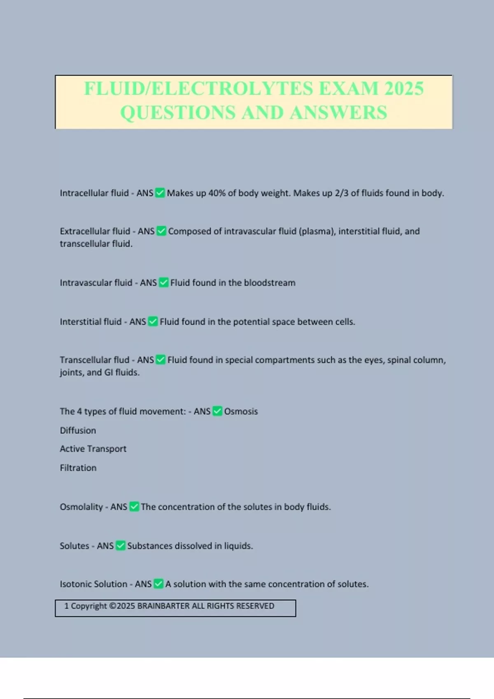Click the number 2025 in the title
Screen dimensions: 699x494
point(404,88)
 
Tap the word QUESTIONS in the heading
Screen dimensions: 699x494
point(178,112)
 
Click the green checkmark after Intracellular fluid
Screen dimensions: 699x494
point(160,193)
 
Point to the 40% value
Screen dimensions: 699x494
point(217,193)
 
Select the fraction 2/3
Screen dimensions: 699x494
point(342,193)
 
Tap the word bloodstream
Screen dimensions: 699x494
point(270,282)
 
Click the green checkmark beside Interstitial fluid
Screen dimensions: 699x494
point(153,322)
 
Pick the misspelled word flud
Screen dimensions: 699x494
point(121,360)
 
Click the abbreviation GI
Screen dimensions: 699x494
point(109,372)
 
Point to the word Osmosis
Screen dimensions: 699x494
point(241,411)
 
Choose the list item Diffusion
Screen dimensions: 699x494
point(78,430)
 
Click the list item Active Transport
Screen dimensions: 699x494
point(93,449)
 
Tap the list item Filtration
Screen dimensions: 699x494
point(78,468)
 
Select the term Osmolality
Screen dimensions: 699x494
point(81,507)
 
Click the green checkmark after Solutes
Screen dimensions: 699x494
point(121,546)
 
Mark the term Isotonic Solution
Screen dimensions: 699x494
point(93,584)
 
